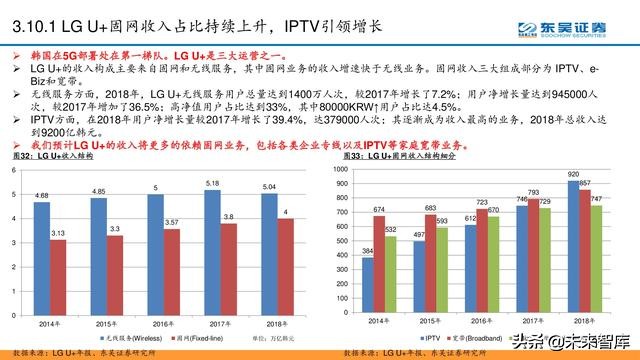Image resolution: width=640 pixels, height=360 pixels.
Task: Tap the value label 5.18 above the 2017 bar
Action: pyautogui.click(x=210, y=183)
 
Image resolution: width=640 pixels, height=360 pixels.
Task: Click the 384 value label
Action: pyautogui.click(x=367, y=251)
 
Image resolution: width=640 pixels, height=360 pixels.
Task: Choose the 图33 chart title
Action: pyautogui.click(x=390, y=156)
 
